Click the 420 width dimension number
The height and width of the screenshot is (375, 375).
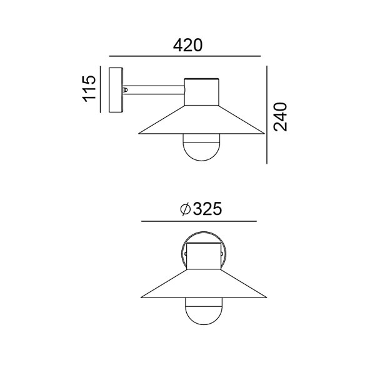tap(187, 46)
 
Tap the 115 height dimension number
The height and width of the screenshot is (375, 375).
tap(89, 89)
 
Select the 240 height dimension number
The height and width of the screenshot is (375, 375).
tap(280, 117)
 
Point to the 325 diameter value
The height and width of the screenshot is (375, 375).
tap(207, 209)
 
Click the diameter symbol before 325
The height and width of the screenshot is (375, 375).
tap(186, 209)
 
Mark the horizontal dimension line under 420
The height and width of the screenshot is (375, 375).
tap(185, 56)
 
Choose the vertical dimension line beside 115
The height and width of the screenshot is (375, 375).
tap(101, 89)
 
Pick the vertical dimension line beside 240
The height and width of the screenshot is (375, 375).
tap(267, 115)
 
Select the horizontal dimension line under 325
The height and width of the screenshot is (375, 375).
tap(199, 221)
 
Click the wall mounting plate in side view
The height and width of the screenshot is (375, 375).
tap(116, 90)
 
